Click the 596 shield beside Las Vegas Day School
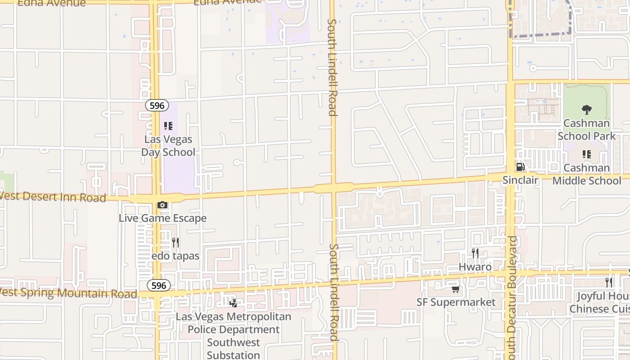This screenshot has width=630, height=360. click(x=157, y=105)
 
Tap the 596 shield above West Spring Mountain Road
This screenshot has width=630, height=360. click(x=158, y=285)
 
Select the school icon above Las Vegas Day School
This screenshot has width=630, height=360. click(x=168, y=126)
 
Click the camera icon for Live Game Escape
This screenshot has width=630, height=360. click(x=162, y=205)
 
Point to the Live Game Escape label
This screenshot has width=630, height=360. click(x=162, y=218)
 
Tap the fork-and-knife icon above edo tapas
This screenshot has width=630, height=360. click(x=175, y=243)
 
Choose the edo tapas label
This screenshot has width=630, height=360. click(x=175, y=256)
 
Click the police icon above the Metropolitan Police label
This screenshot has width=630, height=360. click(x=233, y=303)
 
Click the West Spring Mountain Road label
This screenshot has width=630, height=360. click(x=67, y=293)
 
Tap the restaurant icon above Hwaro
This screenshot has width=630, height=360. click(x=475, y=253)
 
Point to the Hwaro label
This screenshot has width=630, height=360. click(x=475, y=267)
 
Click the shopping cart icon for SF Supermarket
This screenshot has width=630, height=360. click(x=456, y=289)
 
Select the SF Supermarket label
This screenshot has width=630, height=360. click(x=456, y=302)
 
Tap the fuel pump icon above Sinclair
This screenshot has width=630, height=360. click(x=520, y=167)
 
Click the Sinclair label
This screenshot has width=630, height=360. click(x=520, y=180)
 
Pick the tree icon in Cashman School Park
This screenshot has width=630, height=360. click(x=586, y=109)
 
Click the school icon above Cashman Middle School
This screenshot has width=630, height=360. click(x=586, y=154)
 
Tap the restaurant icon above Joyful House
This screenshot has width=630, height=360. click(x=608, y=283)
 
